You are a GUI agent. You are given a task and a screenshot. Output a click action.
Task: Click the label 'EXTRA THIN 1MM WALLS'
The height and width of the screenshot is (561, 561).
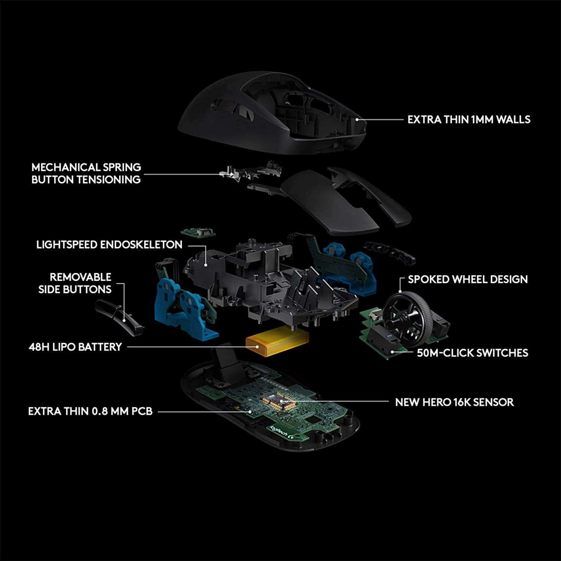(x=469, y=120)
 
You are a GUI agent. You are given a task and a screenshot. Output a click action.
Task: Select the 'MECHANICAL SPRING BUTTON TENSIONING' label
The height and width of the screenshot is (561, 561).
(x=86, y=173)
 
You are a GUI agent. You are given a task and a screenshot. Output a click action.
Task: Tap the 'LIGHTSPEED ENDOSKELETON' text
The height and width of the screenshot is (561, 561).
(x=109, y=245)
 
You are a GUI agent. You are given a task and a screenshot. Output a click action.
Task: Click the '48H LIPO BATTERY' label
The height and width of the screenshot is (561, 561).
(x=75, y=347)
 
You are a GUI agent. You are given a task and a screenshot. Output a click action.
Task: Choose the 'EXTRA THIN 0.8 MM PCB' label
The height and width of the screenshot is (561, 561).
(x=90, y=411)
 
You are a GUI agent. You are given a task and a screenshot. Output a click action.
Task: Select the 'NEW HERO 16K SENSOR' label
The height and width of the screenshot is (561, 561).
(x=454, y=402)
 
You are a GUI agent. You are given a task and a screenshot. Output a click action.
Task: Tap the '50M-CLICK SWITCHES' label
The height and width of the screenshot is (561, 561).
(x=472, y=353)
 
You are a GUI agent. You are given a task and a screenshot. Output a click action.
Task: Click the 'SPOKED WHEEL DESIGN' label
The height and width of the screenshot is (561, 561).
(x=467, y=279)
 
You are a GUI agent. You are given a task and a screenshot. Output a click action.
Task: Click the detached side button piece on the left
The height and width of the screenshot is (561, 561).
(x=119, y=316)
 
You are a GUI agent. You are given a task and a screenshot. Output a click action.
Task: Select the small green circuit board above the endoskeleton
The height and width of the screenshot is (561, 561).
(x=198, y=233)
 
